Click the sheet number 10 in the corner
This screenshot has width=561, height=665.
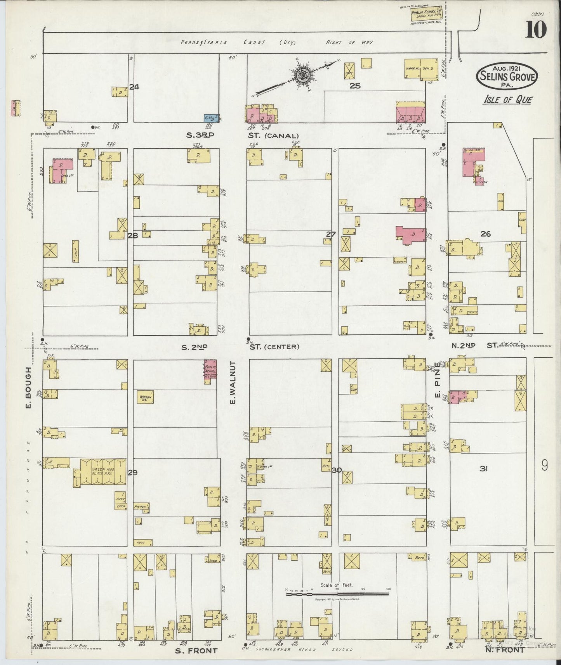pyautogui.click(x=536, y=30)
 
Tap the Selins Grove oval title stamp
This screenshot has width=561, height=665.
pyautogui.click(x=507, y=77)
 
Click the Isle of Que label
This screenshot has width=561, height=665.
pyautogui.click(x=507, y=100)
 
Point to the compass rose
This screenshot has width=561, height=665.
pyautogui.click(x=302, y=76)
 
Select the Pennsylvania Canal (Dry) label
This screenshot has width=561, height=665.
pyautogui.click(x=237, y=43)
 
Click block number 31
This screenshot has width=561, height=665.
pyautogui.click(x=483, y=469)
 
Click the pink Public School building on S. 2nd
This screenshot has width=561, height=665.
pyautogui.click(x=210, y=371)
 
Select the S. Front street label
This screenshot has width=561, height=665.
pyautogui.click(x=196, y=651)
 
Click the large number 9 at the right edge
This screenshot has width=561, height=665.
pyautogui.click(x=544, y=465)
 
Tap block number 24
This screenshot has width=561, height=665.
pyautogui.click(x=134, y=87)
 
